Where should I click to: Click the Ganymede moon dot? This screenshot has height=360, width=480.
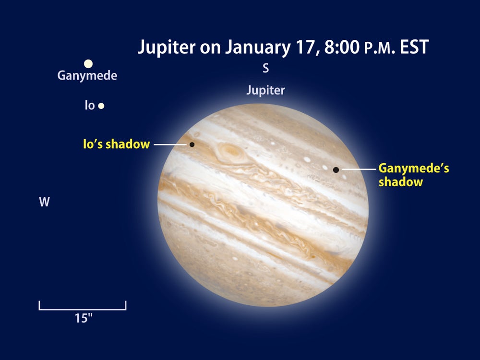pyautogui.click(x=88, y=64)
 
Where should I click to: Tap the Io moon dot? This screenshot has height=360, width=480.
pyautogui.click(x=101, y=106)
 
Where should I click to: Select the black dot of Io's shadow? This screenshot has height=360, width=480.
pyautogui.click(x=192, y=144)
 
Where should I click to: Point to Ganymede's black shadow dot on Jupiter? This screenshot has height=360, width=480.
pyautogui.click(x=336, y=169)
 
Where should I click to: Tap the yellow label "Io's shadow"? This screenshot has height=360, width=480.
pyautogui.click(x=116, y=144)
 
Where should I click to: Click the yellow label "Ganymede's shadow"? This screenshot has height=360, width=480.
pyautogui.click(x=414, y=175)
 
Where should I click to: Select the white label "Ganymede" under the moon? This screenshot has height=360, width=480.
pyautogui.click(x=87, y=76)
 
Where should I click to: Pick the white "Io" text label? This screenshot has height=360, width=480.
pyautogui.click(x=90, y=106)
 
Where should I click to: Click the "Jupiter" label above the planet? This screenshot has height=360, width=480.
pyautogui.click(x=266, y=90)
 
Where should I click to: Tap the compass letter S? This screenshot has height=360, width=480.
pyautogui.click(x=266, y=68)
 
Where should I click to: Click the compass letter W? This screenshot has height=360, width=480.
pyautogui.click(x=44, y=202)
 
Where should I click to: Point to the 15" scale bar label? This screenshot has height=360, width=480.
pyautogui.click(x=84, y=318)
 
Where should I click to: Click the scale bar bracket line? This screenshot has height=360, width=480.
pyautogui.click(x=83, y=310)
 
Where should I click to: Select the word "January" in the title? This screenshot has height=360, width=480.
pyautogui.click(x=258, y=48)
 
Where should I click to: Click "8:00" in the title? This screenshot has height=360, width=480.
pyautogui.click(x=342, y=48)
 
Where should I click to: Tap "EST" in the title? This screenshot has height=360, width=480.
pyautogui.click(x=414, y=48)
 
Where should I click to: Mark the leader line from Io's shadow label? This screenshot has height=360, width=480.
pyautogui.click(x=170, y=144)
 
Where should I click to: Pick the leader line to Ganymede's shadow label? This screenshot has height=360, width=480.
pyautogui.click(x=359, y=169)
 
